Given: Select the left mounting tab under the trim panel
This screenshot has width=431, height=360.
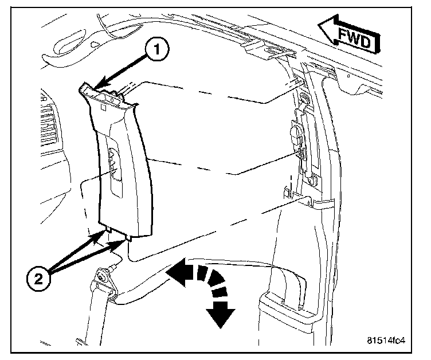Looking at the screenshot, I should [108, 230].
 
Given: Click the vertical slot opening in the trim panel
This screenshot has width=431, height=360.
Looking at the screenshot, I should [112, 172].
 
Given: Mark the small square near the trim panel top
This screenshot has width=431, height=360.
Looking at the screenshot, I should [101, 106].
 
